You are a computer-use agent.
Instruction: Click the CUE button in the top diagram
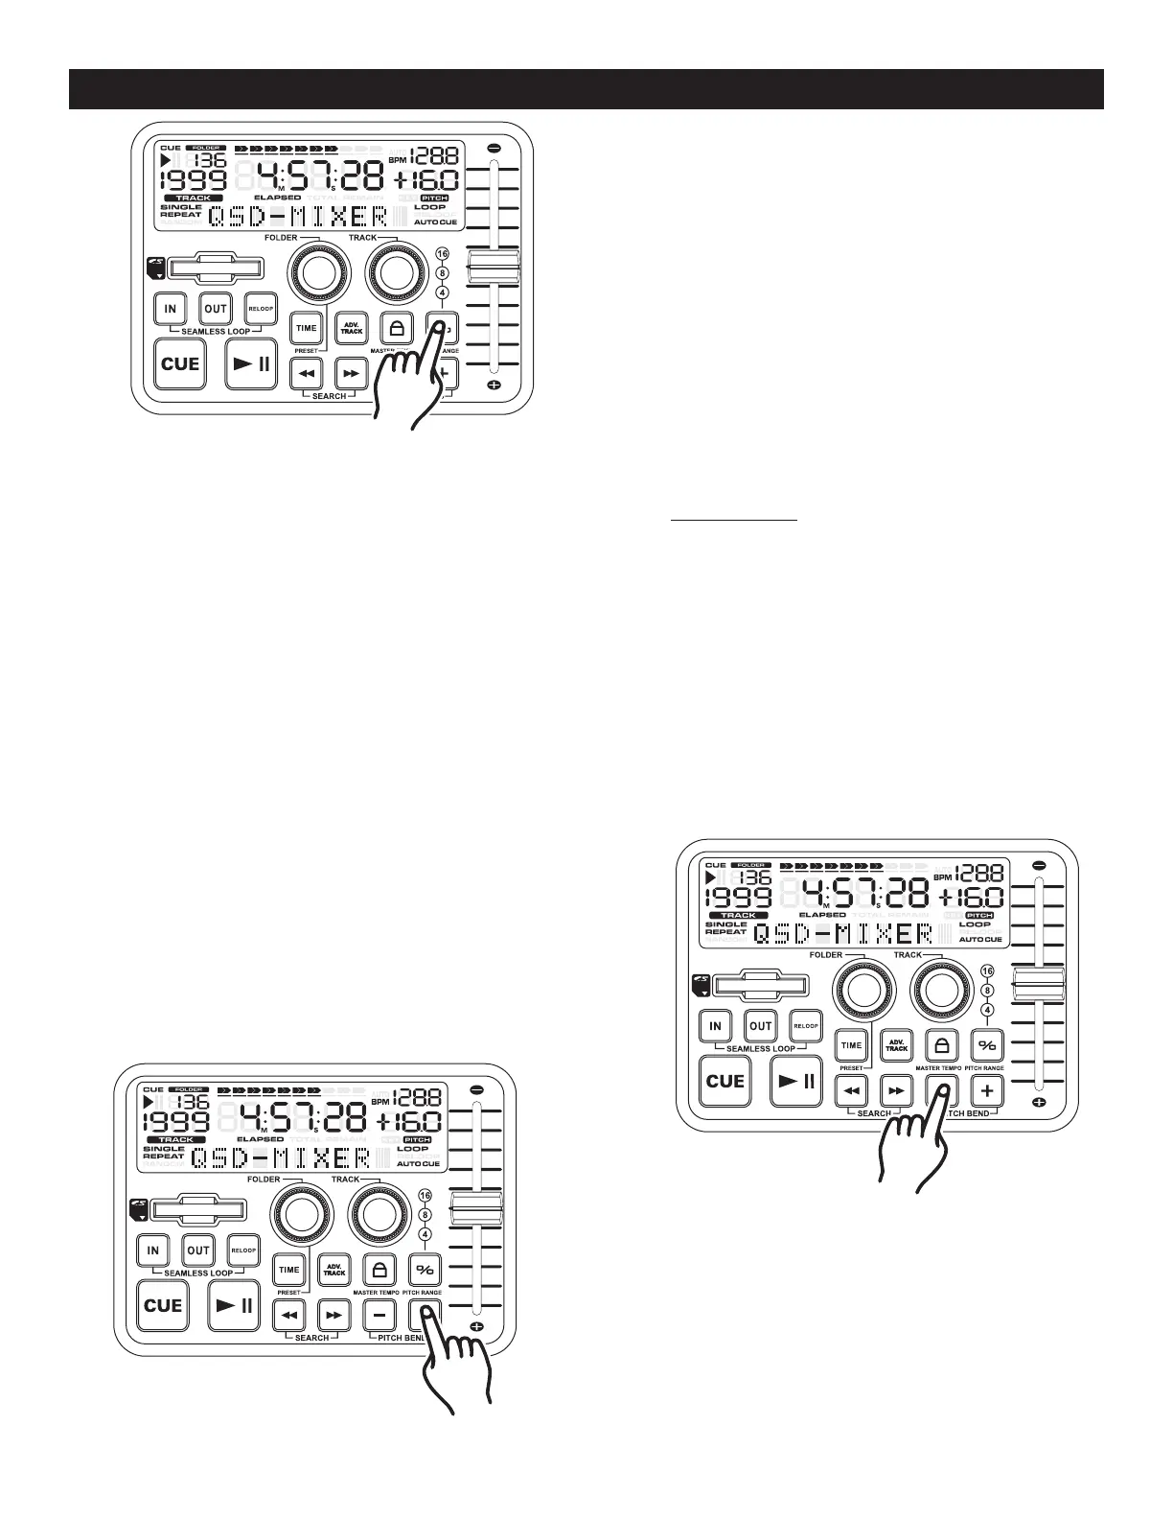[x=179, y=363]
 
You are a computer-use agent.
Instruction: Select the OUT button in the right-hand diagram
[x=761, y=1025]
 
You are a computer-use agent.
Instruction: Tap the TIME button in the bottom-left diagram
[x=288, y=1270]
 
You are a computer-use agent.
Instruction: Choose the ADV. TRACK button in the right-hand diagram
[x=896, y=1045]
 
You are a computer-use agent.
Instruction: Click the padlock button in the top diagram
[x=395, y=328]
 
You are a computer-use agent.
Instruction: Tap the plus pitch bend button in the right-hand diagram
[x=988, y=1089]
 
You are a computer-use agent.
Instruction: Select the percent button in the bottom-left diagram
[x=425, y=1270]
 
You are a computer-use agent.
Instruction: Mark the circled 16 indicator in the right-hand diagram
[x=988, y=972]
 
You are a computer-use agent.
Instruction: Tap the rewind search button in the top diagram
[x=306, y=372]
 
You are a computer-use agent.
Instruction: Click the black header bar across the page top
[x=586, y=89]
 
